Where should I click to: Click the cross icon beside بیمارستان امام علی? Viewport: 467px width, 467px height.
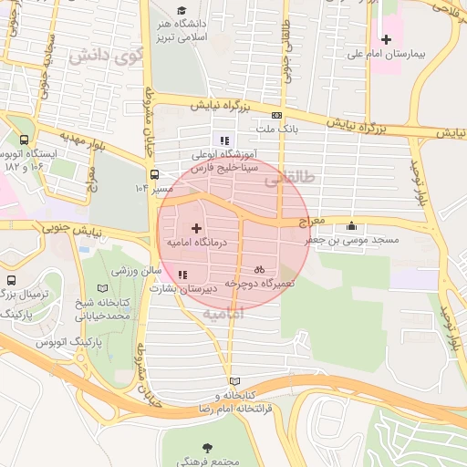[x=387, y=39]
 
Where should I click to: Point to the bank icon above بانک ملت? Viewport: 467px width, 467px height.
[x=276, y=115]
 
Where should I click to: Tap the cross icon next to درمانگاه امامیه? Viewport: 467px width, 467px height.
[x=196, y=226]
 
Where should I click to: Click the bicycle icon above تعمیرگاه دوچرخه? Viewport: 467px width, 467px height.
[x=260, y=269]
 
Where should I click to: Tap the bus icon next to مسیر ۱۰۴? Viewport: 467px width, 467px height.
[x=155, y=173]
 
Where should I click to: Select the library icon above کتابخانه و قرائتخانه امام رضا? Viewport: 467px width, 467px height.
[x=235, y=381]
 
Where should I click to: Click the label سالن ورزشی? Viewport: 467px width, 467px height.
[x=137, y=271]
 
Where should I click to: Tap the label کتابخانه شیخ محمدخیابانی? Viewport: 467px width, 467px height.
[x=103, y=308]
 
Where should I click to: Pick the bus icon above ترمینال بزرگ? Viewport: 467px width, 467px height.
[x=11, y=280]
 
